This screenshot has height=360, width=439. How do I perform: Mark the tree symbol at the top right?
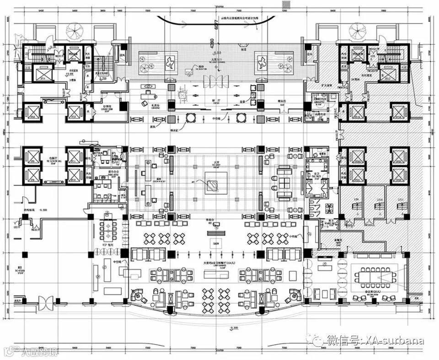[x=357, y=31]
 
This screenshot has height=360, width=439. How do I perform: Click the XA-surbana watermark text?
[x=389, y=341]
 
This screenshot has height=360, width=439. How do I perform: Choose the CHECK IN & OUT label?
[x=158, y=181]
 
